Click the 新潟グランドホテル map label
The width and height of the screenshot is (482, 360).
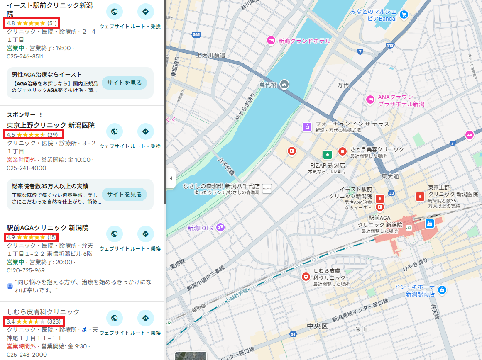[304, 41]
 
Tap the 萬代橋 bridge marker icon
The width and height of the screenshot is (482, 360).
[284, 84]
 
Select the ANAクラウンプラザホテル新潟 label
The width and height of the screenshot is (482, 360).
[401, 100]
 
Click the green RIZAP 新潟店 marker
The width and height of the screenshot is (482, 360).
[328, 155]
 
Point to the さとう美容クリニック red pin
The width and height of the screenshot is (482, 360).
[343, 151]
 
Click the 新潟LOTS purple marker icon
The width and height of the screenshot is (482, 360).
[220, 227]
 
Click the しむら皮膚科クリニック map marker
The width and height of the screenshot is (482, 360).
[306, 276]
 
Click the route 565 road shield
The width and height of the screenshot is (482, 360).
[196, 35]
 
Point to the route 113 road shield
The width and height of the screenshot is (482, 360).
[389, 45]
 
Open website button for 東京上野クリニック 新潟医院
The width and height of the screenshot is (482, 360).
[115, 132]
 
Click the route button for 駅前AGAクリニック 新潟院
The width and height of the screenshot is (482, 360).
[145, 234]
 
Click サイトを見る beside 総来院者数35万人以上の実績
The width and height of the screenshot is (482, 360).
[124, 194]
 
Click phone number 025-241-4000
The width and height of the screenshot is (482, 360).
[27, 168]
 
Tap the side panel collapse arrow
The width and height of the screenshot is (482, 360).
[171, 178]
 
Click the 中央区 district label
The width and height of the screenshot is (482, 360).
[317, 326]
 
